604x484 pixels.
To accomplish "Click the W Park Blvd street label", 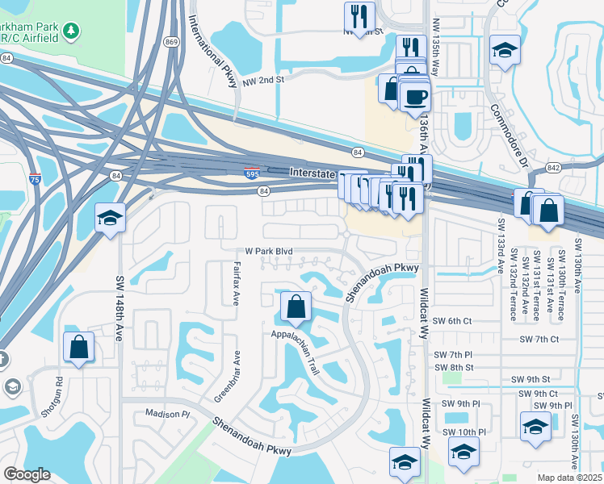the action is pyautogui.click(x=270, y=251).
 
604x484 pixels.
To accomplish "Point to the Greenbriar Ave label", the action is pyautogui.click(x=227, y=376).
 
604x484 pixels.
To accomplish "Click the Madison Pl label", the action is pyautogui.click(x=166, y=413).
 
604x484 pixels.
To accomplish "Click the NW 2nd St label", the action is pyautogui.click(x=269, y=80).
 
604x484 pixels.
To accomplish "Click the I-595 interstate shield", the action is pyautogui.click(x=252, y=173).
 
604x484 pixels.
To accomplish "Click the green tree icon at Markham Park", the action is pyautogui.click(x=73, y=31).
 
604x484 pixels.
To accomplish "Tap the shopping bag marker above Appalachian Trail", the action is pyautogui.click(x=296, y=307).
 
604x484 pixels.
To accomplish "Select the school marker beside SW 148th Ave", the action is pyautogui.click(x=110, y=218).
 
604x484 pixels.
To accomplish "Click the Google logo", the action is pyautogui.click(x=27, y=474).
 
